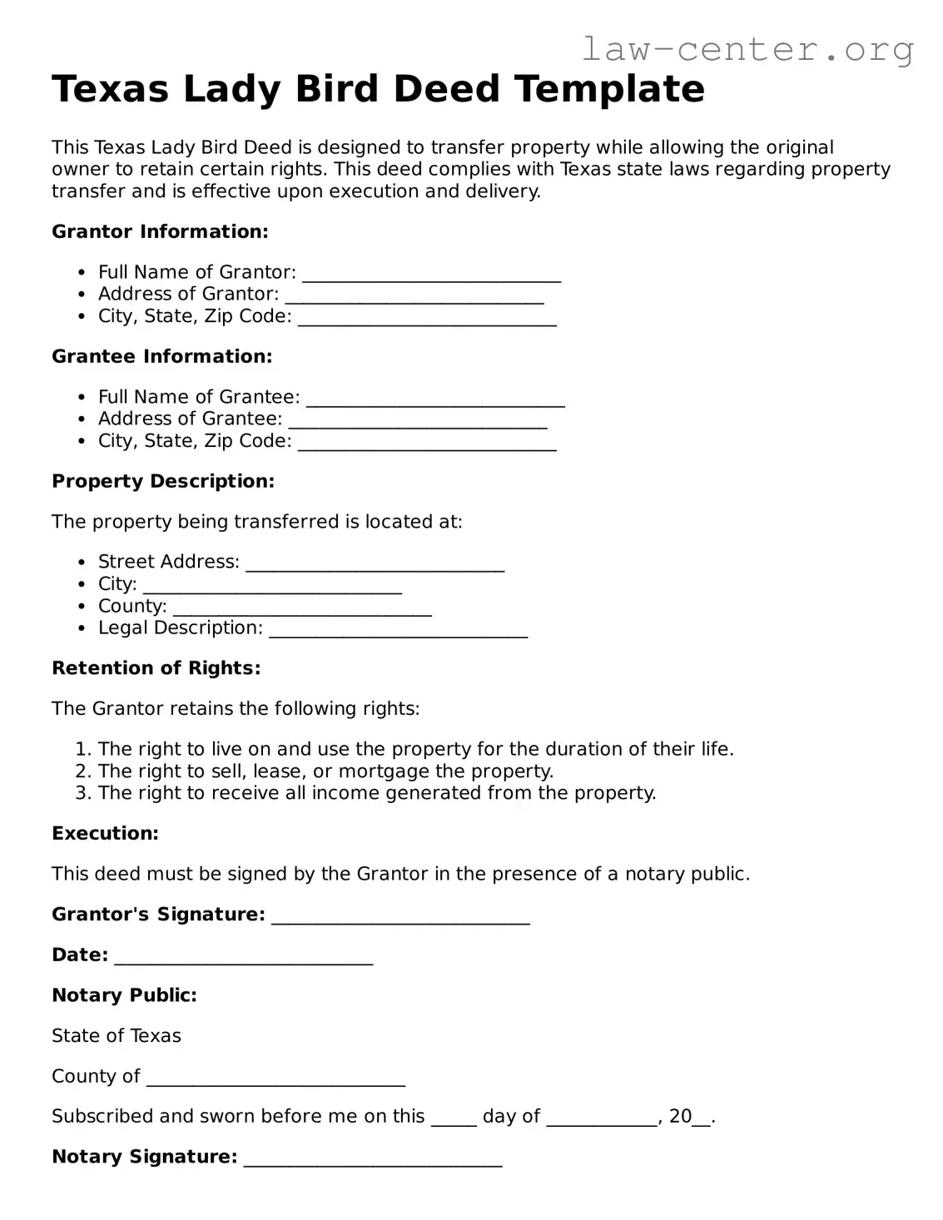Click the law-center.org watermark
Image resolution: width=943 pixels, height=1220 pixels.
point(747,50)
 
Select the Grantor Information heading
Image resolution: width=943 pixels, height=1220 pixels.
point(160,232)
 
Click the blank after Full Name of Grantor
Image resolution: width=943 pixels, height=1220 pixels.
point(431,275)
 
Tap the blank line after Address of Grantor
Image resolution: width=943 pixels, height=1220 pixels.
point(414,296)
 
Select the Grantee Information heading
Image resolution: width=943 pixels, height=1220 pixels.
point(161,357)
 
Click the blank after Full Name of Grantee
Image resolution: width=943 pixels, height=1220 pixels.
point(435,399)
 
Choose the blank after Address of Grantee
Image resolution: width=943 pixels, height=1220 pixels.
point(417,421)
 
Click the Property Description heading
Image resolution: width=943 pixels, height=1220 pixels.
point(162,482)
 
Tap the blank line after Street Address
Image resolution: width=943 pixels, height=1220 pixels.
point(375,564)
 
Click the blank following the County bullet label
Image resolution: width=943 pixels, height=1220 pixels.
point(302,608)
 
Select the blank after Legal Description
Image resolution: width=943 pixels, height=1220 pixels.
point(398,630)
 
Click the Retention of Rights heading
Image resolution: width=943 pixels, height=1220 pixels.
point(156,668)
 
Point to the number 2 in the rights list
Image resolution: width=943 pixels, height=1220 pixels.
point(82,771)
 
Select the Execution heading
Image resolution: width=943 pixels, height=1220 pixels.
point(105,834)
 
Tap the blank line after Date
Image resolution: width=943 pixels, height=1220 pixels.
point(243,957)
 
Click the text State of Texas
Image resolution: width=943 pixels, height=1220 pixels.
point(116,1036)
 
